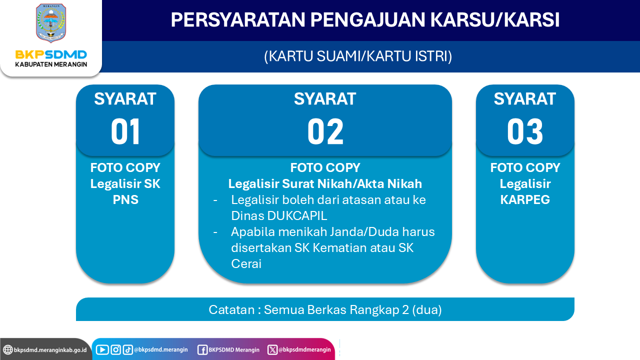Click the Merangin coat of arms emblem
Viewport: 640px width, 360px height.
(51, 23)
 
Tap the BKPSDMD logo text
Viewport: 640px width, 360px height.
(51, 54)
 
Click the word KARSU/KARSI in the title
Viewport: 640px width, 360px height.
(494, 19)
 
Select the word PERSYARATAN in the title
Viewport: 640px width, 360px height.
(238, 19)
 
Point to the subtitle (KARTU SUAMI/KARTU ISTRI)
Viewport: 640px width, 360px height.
(358, 56)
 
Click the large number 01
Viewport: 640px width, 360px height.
(125, 131)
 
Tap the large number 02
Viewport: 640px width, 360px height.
(325, 131)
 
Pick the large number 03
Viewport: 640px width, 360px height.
(525, 131)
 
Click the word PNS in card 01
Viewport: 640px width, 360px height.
(125, 199)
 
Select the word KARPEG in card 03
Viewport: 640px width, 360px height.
(525, 199)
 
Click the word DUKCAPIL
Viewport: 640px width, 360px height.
(297, 215)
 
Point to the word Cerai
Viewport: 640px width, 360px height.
(246, 263)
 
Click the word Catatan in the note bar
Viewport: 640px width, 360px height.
(231, 309)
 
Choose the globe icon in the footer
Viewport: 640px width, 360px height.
(7, 349)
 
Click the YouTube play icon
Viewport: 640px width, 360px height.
(102, 349)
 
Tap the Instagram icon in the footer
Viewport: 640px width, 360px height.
(115, 349)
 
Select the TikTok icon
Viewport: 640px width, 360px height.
(127, 349)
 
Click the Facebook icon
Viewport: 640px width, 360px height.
(202, 350)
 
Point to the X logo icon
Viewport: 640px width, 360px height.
(272, 349)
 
